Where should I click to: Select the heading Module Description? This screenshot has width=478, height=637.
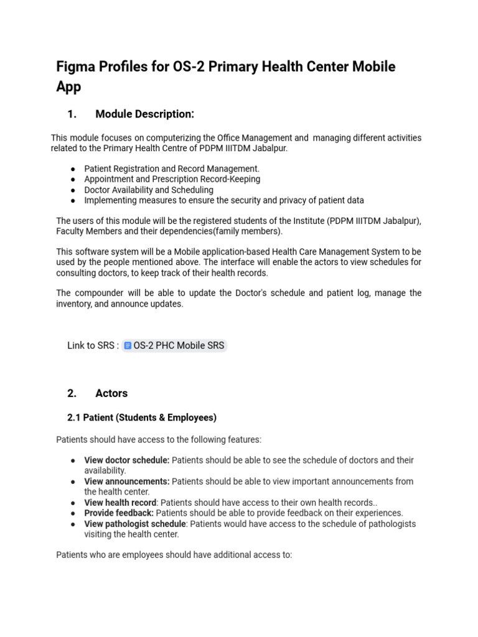144,114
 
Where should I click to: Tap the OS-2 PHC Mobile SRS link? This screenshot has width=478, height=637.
179,345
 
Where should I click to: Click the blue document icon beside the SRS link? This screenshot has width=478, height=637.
128,345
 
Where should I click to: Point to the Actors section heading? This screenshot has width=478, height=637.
111,393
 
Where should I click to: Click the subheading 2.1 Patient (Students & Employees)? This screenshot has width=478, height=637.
142,417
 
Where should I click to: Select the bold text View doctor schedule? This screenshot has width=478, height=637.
127,460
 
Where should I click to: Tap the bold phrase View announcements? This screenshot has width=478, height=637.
127,481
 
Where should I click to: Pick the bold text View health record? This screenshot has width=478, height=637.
120,503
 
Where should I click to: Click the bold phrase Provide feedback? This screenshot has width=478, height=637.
119,513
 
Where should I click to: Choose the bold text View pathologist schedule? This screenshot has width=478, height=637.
135,524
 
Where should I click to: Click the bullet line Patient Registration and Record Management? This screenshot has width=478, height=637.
172,169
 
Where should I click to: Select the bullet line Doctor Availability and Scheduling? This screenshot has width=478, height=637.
149,190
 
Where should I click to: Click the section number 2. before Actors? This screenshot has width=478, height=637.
72,393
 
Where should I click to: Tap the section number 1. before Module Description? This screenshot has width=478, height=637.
72,114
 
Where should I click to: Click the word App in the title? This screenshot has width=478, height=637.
68,87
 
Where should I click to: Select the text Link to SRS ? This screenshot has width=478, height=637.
93,345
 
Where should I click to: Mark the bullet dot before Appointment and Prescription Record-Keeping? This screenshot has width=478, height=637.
73,180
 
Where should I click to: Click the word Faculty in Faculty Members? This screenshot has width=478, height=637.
71,231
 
